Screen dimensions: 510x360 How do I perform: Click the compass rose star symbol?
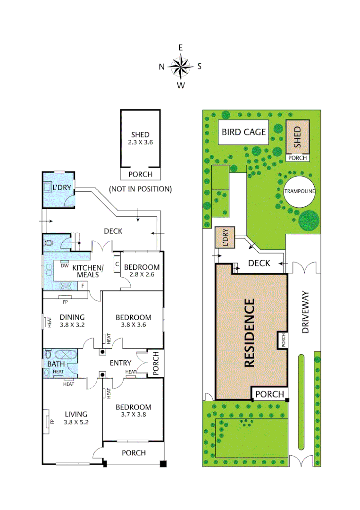coord(180,66)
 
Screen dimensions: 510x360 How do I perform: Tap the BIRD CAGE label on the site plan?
coord(244,132)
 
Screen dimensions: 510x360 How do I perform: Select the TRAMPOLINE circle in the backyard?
coord(299,191)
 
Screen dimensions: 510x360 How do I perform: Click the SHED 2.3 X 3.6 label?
coord(140,138)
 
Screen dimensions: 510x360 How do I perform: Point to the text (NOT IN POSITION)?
coord(140,189)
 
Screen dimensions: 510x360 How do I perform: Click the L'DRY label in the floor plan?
coord(61,187)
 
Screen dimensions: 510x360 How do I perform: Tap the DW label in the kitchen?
coord(65,265)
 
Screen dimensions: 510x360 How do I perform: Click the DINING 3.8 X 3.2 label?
coord(72,321)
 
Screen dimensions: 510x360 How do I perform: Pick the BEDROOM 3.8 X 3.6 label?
coord(134,321)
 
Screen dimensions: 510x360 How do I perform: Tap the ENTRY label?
coord(120,363)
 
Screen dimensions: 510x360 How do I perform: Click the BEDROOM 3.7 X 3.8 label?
coord(134,411)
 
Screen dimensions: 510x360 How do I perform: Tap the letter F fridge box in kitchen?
coord(83,286)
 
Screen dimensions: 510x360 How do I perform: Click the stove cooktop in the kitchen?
coord(65,285)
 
